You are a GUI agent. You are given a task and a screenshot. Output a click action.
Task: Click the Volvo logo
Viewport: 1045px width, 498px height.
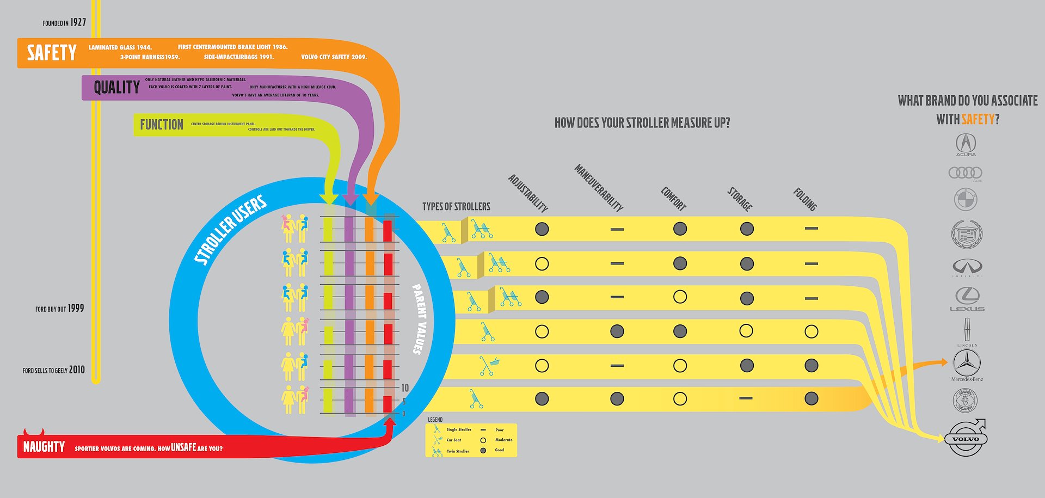point(966,439)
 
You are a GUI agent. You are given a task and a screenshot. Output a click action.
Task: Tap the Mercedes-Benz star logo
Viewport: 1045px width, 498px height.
point(967,362)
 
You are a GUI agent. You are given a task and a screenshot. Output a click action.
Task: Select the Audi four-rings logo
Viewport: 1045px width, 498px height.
point(965,173)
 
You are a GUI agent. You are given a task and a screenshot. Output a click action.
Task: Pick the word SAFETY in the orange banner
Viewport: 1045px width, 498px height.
point(52,53)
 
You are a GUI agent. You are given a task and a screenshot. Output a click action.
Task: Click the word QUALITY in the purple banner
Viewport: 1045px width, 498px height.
point(116,87)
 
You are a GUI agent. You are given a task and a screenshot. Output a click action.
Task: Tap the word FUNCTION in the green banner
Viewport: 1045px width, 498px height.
point(162,125)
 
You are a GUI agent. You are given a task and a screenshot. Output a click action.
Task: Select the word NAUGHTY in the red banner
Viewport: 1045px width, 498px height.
point(44,447)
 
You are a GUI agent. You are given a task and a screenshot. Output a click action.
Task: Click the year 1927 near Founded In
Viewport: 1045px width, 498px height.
point(78,22)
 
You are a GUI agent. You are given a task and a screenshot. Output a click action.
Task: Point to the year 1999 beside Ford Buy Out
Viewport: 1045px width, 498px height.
point(76,308)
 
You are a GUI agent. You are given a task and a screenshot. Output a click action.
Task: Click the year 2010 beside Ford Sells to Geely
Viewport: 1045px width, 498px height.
point(77,370)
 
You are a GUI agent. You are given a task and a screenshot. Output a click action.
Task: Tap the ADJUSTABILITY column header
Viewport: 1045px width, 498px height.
point(528,193)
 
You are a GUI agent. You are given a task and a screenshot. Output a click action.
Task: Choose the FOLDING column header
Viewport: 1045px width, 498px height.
point(805,199)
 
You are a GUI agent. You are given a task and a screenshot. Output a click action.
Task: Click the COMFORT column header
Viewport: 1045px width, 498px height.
point(673,199)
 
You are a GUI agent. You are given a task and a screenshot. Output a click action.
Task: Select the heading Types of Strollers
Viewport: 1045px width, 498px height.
point(456,206)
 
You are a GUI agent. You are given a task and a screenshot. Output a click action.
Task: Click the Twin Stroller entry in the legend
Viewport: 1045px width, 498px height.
point(458,451)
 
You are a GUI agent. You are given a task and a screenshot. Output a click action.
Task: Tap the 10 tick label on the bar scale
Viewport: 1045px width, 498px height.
point(405,388)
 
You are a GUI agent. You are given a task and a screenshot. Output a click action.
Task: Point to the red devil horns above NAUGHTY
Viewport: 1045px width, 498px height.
point(34,433)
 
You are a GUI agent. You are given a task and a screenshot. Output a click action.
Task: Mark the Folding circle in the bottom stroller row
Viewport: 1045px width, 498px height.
point(811,398)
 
